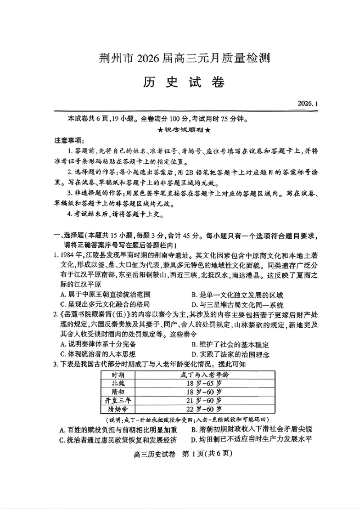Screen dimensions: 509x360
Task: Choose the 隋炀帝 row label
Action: tap(118, 409)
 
